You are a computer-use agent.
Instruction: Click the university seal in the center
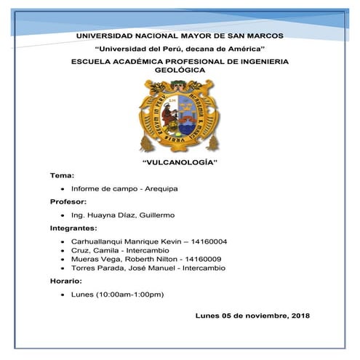point(179,116)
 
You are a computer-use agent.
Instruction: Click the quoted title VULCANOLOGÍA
point(179,162)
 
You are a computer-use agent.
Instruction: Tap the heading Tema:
point(62,176)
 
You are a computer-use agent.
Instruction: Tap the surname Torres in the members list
point(84,268)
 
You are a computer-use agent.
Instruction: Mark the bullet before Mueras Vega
point(64,259)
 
